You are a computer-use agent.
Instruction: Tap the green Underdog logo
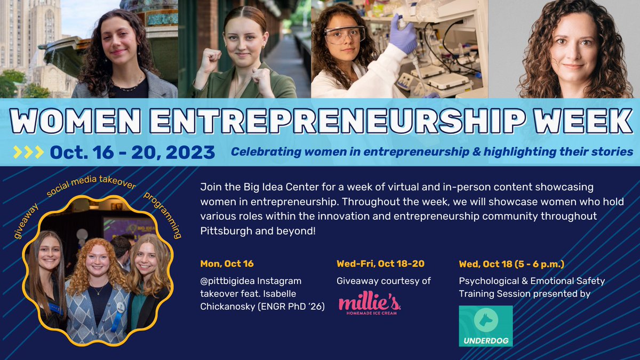click(485, 326)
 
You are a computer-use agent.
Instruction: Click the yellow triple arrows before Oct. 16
click(28, 153)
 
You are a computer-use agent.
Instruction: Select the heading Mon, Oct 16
click(227, 263)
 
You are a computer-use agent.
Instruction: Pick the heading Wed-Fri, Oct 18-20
click(380, 263)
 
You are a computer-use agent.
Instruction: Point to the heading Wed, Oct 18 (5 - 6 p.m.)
click(511, 263)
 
